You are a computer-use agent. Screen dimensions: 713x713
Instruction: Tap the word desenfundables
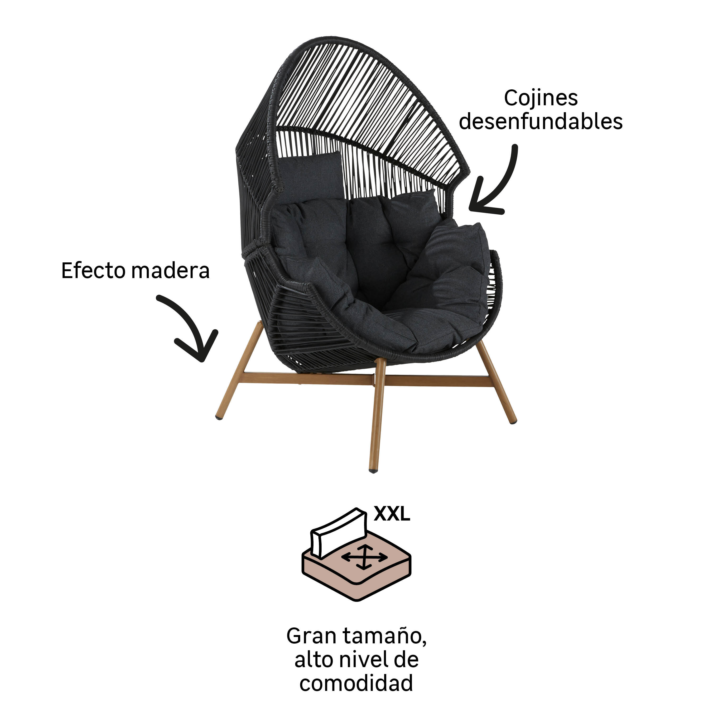tap(541, 121)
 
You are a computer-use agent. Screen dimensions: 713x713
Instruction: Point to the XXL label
tap(392, 513)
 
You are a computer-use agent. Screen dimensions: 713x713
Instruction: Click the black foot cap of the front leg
tap(373, 471)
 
